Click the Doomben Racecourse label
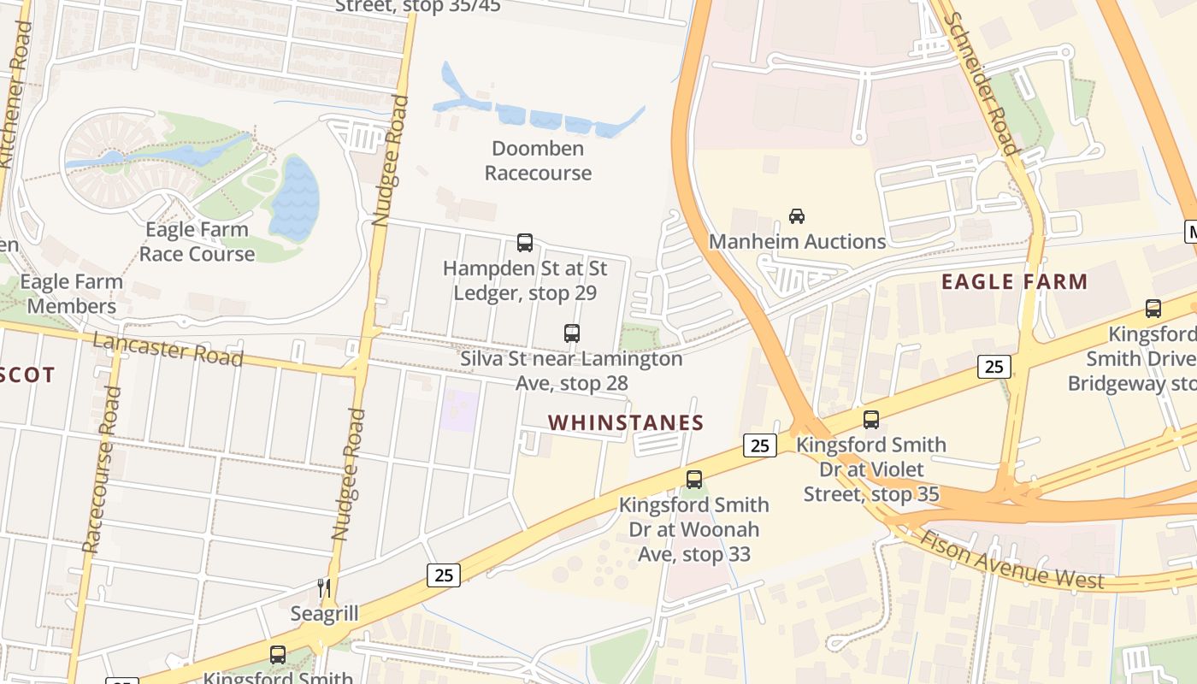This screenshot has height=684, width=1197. click(538, 161)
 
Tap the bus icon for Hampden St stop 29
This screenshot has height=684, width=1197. click(525, 243)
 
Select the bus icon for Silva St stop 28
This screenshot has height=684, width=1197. click(572, 333)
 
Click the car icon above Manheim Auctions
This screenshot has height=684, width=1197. click(797, 216)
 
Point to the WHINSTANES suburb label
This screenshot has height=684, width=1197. click(626, 422)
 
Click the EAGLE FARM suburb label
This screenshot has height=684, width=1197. click(1014, 281)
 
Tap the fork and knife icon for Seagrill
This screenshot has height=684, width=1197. click(324, 587)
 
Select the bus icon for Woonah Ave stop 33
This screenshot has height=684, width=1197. click(694, 480)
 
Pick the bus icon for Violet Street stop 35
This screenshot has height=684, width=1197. click(871, 420)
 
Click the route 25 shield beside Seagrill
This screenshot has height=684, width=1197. click(444, 575)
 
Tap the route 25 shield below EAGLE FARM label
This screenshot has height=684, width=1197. click(994, 367)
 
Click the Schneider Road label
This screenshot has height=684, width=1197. click(983, 83)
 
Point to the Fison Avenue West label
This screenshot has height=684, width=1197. click(1012, 560)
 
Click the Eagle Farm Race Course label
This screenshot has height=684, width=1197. click(197, 242)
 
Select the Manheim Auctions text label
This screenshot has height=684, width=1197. click(797, 242)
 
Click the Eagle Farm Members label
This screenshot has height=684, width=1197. click(72, 293)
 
